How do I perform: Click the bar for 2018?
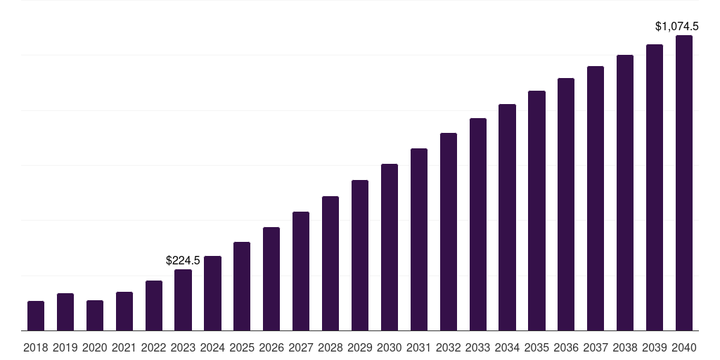[x=36, y=316]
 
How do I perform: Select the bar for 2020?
[x=95, y=315]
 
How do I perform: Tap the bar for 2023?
[x=183, y=300]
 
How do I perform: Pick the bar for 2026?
[x=271, y=278]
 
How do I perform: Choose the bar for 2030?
[x=390, y=247]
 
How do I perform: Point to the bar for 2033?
[x=478, y=224]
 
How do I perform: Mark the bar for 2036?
[x=566, y=204]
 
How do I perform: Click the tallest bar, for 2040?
[x=684, y=183]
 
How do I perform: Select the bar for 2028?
[x=330, y=263]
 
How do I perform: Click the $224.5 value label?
[x=183, y=260]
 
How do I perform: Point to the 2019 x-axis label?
[x=65, y=347]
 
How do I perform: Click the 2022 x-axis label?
[x=154, y=347]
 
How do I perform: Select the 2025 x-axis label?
[x=242, y=347]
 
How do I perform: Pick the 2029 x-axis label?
[x=360, y=347]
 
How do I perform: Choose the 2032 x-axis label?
[x=449, y=347]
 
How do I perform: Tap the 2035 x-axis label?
[x=537, y=347]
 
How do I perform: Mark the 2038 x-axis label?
[x=625, y=347]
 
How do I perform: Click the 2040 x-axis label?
[x=684, y=347]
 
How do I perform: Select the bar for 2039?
[x=655, y=187]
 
